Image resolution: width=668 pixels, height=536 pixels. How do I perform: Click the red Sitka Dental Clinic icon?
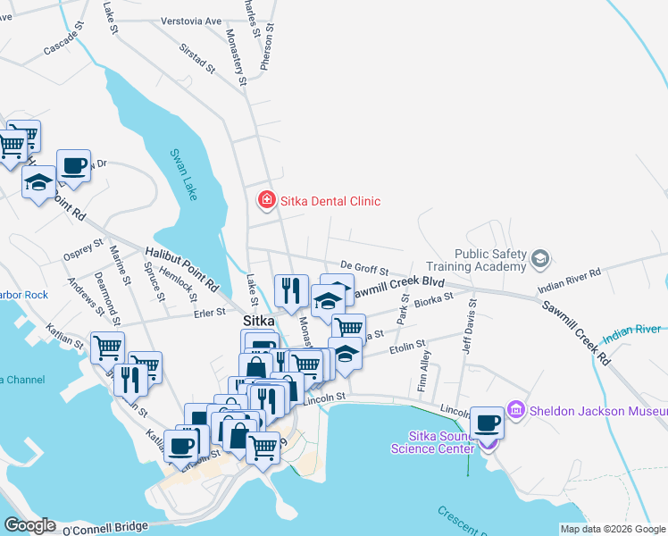click(x=265, y=200)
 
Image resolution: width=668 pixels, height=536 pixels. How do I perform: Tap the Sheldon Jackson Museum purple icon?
click(x=515, y=411)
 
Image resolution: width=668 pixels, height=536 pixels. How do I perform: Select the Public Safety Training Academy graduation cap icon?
click(x=539, y=259)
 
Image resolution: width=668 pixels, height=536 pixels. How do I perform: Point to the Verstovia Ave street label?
click(x=191, y=21)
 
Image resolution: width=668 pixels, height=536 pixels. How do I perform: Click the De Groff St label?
click(x=364, y=267)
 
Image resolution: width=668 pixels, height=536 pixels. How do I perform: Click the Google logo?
click(x=29, y=525)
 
